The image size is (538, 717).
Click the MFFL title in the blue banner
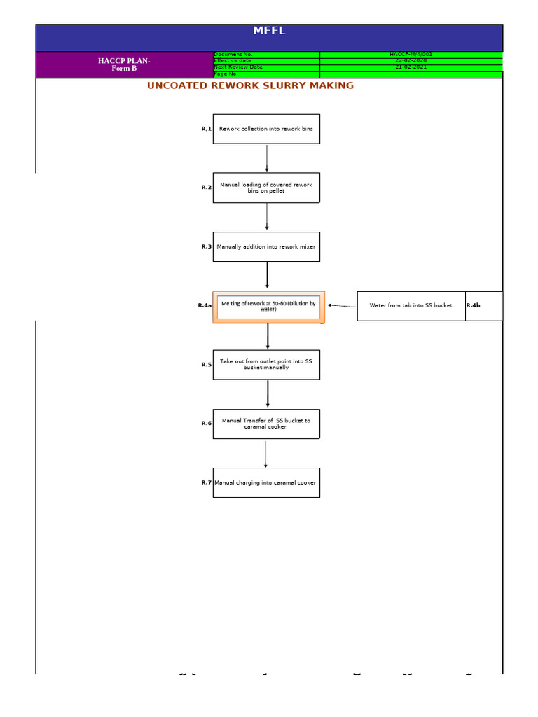click(x=269, y=31)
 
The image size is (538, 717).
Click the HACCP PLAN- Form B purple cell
click(x=124, y=64)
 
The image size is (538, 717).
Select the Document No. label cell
click(x=266, y=54)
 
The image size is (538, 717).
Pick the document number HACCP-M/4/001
click(x=411, y=54)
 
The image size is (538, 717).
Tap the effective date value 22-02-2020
click(x=411, y=60)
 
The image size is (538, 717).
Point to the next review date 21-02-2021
click(x=411, y=67)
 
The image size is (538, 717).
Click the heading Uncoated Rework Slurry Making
click(x=250, y=85)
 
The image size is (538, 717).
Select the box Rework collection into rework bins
click(x=266, y=129)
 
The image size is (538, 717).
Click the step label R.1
click(x=206, y=129)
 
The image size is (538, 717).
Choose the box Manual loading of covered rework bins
click(x=266, y=188)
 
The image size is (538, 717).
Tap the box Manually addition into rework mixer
click(x=266, y=246)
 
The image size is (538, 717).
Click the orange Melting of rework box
click(x=268, y=307)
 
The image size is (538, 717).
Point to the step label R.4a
click(x=205, y=305)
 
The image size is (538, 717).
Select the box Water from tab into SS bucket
click(x=411, y=306)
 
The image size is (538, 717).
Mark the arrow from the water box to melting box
click(x=342, y=306)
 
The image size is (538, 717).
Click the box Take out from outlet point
click(x=266, y=365)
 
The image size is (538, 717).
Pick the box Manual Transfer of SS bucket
click(x=266, y=424)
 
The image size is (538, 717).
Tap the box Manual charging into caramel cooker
click(x=266, y=482)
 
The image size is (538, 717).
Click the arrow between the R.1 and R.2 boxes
click(x=267, y=158)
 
